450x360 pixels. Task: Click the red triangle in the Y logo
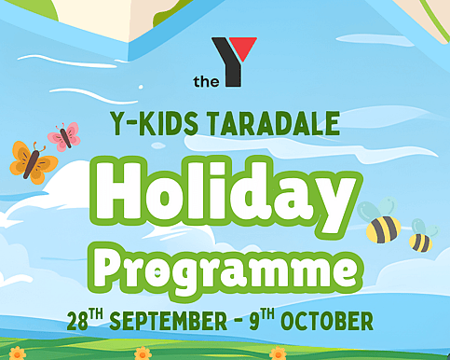pos(245,47)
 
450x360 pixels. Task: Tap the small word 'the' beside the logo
pos(206,81)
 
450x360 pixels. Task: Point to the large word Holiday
pos(225,196)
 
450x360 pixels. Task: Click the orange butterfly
pos(34,162)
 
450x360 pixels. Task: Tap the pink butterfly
pos(64,136)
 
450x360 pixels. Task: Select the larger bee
pos(380,221)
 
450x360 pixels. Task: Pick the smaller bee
pos(422,236)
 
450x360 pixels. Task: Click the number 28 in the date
pos(77,322)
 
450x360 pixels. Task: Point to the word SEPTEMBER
pos(169,321)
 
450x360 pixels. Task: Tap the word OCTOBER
pos(327,321)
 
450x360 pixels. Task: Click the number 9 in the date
pos(254,322)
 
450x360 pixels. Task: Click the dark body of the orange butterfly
pos(32,164)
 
